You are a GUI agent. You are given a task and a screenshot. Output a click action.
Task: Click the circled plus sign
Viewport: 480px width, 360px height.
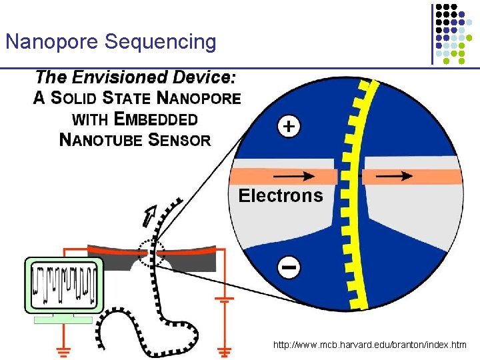coord(287,127)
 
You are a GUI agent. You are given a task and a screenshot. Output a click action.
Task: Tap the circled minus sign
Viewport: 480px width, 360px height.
coord(289,268)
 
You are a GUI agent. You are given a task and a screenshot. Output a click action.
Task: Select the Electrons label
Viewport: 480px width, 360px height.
coord(281,195)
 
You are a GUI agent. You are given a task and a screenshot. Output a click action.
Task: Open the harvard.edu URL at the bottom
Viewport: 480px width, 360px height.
coord(369,345)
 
